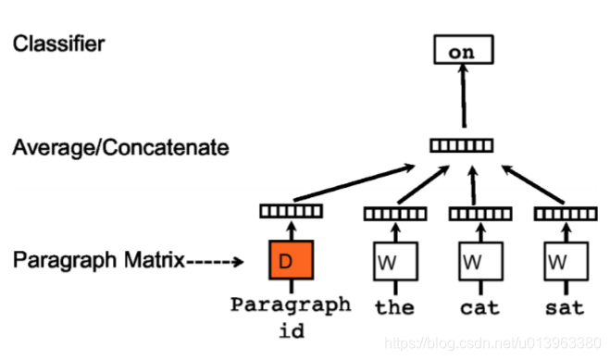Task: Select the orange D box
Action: [292, 261]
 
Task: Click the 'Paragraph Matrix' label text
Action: [98, 261]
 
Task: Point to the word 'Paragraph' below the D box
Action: [291, 304]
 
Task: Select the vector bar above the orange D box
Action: [291, 211]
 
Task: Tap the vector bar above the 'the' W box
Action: [394, 214]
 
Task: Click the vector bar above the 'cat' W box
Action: [480, 214]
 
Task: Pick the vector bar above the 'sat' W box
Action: [565, 214]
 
